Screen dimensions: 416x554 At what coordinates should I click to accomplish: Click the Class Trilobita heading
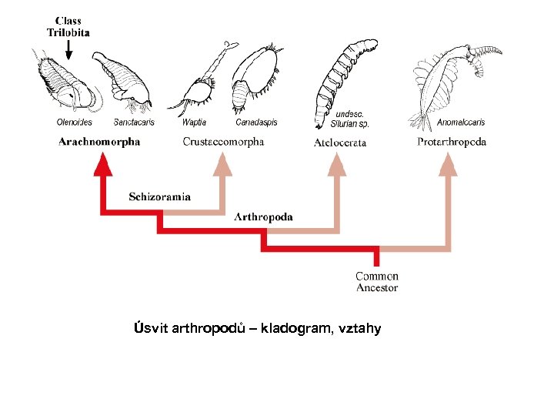68,26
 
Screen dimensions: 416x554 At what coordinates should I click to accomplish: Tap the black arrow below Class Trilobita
68,50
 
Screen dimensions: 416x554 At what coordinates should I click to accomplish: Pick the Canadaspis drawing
256,80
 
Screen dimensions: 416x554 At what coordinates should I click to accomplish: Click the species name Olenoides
75,122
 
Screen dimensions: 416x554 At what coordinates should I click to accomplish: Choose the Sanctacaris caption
134,122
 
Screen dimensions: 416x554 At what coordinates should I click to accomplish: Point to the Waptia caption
195,122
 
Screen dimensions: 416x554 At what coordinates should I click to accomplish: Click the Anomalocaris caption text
461,122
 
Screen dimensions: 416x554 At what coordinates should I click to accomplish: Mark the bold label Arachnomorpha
99,141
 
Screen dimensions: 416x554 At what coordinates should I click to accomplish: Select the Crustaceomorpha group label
223,141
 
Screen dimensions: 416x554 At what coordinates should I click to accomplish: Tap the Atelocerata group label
340,142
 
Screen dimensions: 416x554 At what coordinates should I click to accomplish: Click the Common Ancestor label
377,281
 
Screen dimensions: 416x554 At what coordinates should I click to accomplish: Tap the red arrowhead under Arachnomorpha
100,163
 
